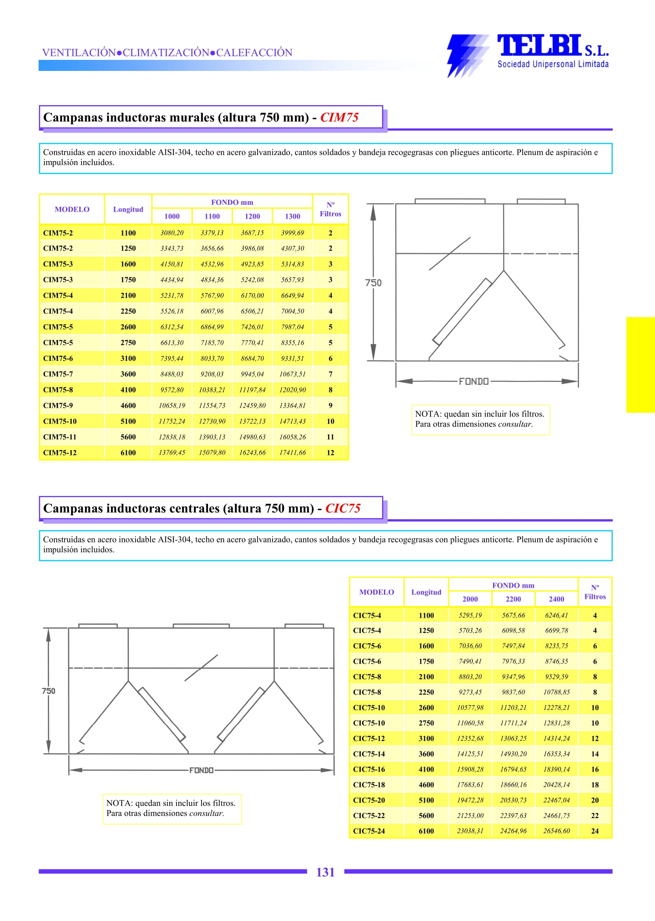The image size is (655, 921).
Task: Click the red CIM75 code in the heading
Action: pos(339,117)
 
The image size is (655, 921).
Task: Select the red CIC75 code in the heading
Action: pos(343,508)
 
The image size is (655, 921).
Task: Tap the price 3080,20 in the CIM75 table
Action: pos(172,233)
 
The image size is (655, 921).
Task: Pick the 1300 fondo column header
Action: pos(292,216)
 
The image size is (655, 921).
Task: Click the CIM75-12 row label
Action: pos(60,453)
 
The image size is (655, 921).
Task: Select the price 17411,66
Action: pos(292,453)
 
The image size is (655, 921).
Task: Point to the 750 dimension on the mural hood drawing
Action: pos(373,283)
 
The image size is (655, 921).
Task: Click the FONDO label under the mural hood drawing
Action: pos(474,382)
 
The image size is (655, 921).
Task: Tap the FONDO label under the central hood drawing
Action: pos(201,771)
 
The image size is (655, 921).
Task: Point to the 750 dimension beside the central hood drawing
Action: pos(48,691)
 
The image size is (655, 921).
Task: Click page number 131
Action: pos(325,872)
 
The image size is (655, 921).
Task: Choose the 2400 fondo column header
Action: pos(556,599)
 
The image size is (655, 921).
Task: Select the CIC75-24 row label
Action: pos(369,831)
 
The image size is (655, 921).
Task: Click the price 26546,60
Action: pos(556,831)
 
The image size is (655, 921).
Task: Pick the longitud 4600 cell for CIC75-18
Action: pos(426,785)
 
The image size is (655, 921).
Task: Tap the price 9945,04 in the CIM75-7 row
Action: pos(252,374)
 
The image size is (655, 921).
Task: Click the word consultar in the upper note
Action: pos(515,424)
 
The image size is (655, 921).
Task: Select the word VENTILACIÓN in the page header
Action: pos(79,52)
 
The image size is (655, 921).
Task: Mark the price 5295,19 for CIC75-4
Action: pos(470,615)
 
